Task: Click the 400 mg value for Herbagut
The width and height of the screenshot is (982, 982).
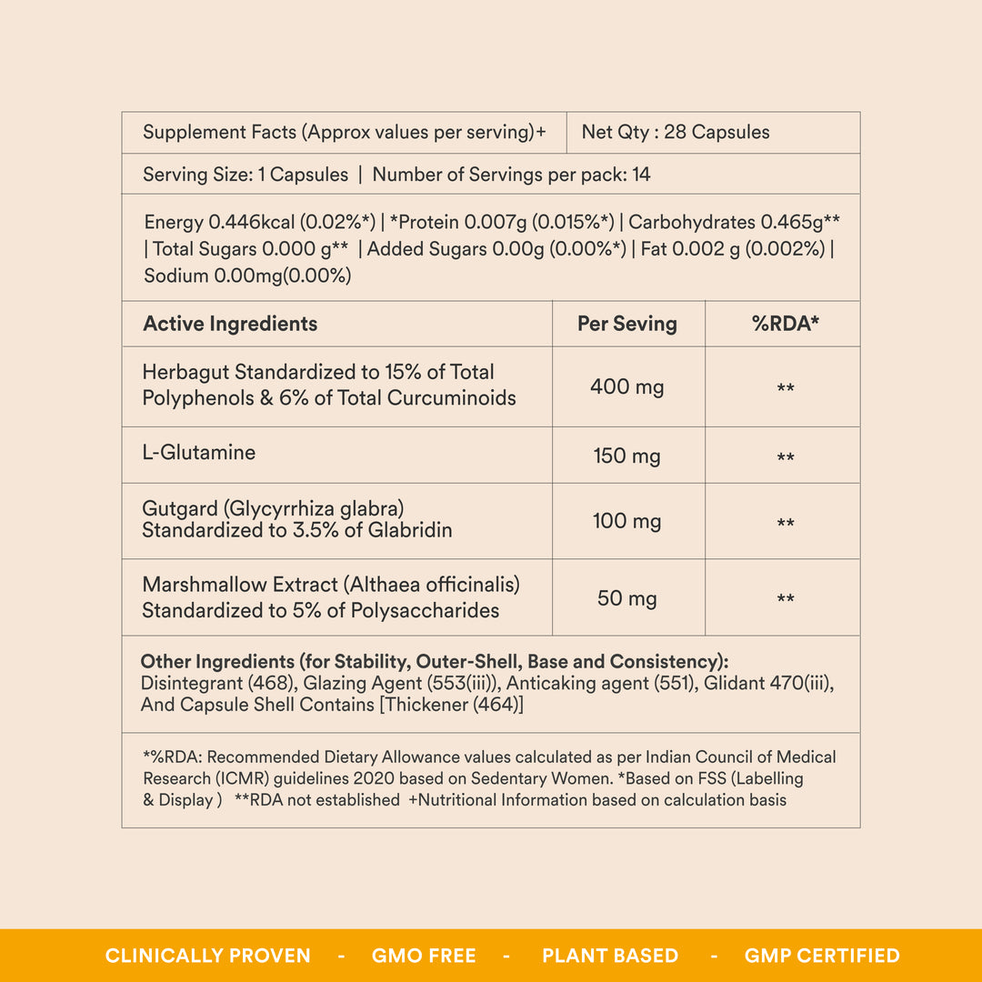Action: tap(627, 386)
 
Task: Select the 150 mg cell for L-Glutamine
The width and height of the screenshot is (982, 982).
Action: tap(627, 456)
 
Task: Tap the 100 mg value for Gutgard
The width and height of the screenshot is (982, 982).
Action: tap(627, 521)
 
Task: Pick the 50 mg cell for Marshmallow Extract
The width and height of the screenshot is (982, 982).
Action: tap(627, 598)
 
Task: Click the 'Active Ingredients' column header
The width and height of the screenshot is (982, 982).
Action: tap(230, 324)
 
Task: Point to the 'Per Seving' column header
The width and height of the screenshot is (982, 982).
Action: tap(627, 324)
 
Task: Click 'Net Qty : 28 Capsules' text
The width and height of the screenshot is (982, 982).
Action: tap(676, 132)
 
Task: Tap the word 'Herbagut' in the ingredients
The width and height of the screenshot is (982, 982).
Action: tap(185, 372)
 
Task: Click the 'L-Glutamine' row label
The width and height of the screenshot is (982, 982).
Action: tap(199, 452)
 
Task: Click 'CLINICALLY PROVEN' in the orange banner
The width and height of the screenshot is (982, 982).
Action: tap(208, 956)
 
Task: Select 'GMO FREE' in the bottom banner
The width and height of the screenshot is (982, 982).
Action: tap(424, 956)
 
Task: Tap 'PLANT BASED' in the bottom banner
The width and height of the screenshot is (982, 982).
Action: tap(610, 956)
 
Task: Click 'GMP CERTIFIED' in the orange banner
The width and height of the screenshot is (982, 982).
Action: tap(822, 956)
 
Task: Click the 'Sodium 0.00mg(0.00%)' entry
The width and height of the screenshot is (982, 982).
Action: tap(247, 276)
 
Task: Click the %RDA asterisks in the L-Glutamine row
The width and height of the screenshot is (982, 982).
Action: tap(786, 457)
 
